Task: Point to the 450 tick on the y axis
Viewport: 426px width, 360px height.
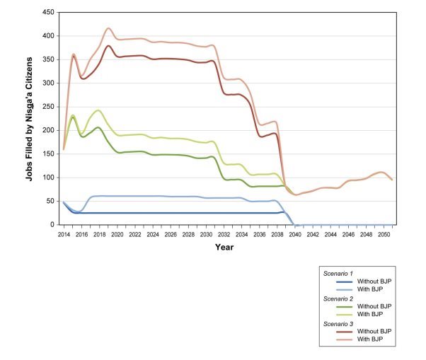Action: coord(49,13)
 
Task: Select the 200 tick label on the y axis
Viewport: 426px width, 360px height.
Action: coord(49,130)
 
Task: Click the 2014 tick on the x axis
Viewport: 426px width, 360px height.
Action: coord(64,233)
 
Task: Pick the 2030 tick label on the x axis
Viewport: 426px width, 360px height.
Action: coord(207,233)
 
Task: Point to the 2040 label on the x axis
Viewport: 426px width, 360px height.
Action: coord(296,233)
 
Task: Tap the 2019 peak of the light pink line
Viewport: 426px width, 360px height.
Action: coord(108,28)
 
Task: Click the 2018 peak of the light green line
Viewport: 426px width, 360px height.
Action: coord(99,110)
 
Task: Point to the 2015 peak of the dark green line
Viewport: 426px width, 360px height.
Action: coord(73,117)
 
